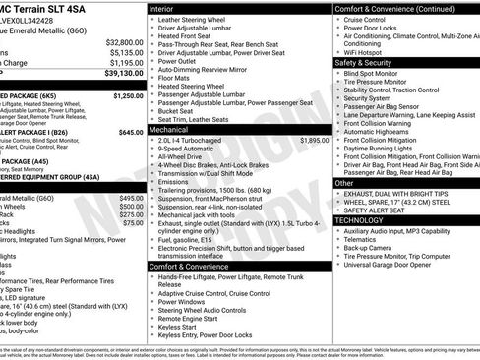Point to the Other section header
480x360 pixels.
(345, 183)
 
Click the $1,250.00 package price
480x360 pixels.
(128, 97)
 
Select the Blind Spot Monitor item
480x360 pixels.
(378, 73)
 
